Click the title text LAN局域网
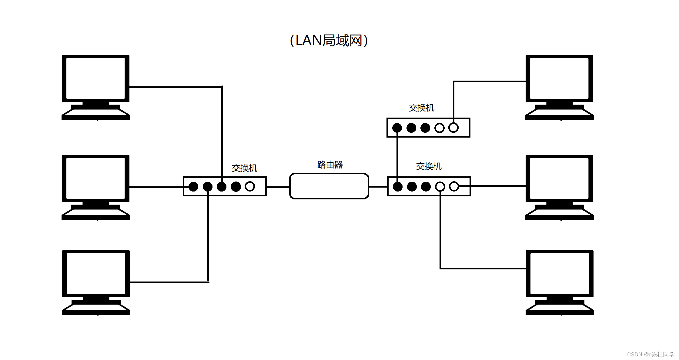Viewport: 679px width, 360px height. coord(329,40)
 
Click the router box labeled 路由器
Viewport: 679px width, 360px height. coord(329,186)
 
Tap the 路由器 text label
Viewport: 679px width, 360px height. coord(330,165)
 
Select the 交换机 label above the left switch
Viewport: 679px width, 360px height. coord(244,168)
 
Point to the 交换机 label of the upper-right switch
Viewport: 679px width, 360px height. coord(421,108)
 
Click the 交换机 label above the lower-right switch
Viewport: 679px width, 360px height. coord(429,166)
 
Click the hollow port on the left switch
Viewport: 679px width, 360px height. coord(250,186)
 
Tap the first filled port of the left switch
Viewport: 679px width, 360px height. coord(193,187)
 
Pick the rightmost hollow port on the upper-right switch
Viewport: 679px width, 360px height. coord(453,128)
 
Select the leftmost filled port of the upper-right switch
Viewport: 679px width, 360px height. coord(397,128)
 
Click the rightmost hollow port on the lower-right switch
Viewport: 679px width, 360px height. coord(454,186)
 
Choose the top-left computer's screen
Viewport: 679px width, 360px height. coord(95,78)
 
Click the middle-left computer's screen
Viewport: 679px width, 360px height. coord(95,178)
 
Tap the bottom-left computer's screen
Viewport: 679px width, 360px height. coord(96,273)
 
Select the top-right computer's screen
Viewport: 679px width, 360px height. coord(559,78)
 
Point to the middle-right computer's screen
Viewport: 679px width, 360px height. coord(559,178)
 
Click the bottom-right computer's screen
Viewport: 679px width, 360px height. coord(560,273)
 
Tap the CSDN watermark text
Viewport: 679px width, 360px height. coord(651,354)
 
